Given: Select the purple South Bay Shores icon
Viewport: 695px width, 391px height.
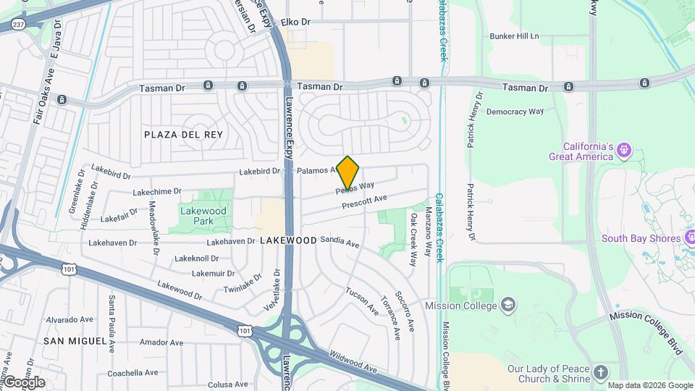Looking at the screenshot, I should pos(691,237).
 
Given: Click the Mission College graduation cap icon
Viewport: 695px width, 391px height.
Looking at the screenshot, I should pos(508,305).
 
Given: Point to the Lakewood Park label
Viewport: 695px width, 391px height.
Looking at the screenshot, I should pos(203,216).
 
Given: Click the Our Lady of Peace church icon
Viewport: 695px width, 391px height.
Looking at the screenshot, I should pos(600,373).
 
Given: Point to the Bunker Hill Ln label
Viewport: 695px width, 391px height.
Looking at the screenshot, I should pos(514,35).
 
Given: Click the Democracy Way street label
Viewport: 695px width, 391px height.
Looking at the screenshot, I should pos(515,112).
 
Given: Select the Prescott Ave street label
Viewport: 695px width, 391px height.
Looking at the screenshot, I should pos(365,201).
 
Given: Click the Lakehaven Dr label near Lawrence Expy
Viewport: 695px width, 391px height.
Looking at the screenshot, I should pos(231,241).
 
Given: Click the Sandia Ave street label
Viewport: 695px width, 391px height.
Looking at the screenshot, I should pos(340,242).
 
